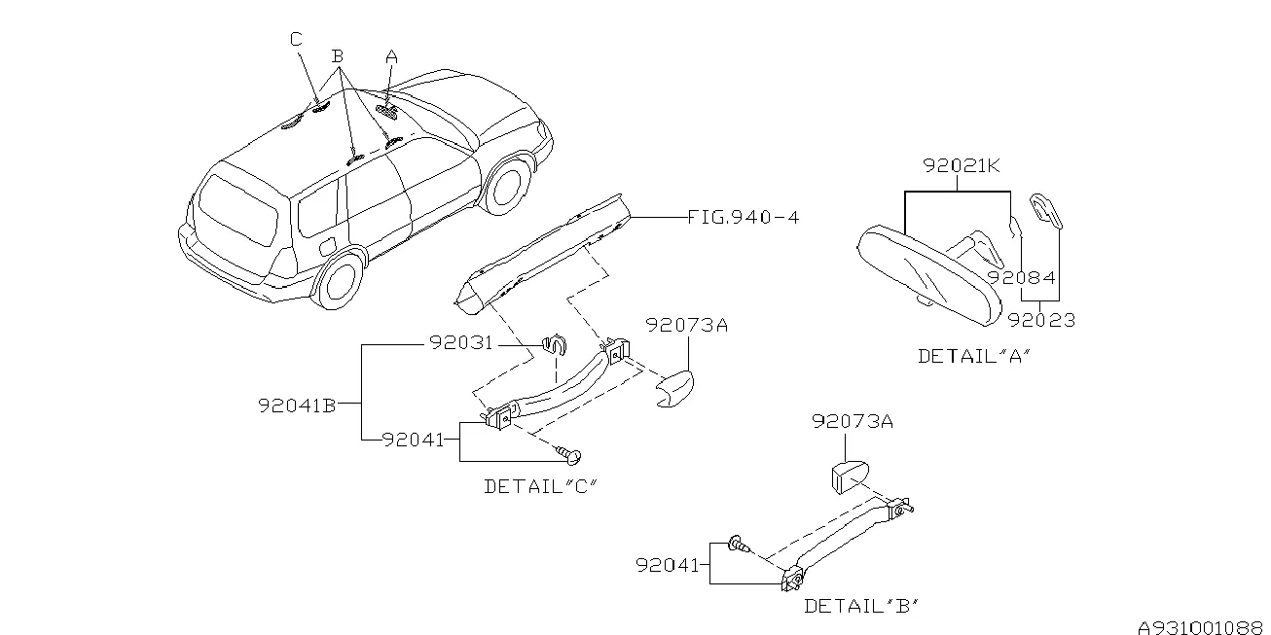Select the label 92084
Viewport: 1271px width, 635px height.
tap(1021, 277)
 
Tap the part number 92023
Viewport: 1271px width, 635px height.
tap(1041, 319)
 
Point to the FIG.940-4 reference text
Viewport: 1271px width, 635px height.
tap(743, 218)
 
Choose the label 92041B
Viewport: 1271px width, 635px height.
tap(297, 406)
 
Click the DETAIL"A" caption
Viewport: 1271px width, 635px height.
tap(973, 356)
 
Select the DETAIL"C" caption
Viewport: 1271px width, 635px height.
tap(539, 486)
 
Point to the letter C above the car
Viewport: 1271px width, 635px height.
tap(296, 39)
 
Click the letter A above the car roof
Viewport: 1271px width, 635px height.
tap(391, 56)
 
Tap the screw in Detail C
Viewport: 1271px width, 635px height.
tap(567, 453)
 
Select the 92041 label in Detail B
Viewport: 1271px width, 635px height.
tap(669, 564)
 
